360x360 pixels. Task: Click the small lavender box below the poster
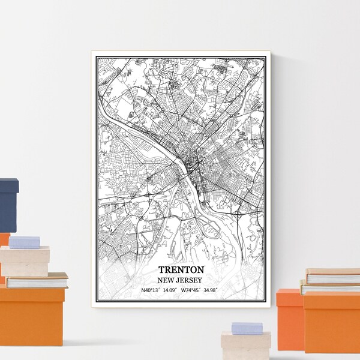point(247,328)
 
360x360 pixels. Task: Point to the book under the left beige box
point(36,280)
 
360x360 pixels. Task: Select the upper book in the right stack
point(334,277)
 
